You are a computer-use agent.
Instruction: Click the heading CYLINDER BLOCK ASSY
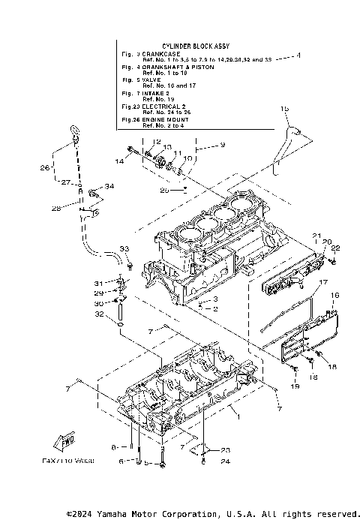[x=193, y=47]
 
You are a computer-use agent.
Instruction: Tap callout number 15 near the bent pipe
[x=284, y=110]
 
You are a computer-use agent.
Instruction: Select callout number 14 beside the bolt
[x=119, y=161]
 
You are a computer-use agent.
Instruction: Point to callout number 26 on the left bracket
[x=45, y=167]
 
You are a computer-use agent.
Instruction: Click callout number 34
[x=109, y=186]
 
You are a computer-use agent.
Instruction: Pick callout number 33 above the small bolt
[x=125, y=248]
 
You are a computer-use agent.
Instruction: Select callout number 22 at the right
[x=336, y=248]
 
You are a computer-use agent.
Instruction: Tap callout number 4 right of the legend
[x=298, y=56]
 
